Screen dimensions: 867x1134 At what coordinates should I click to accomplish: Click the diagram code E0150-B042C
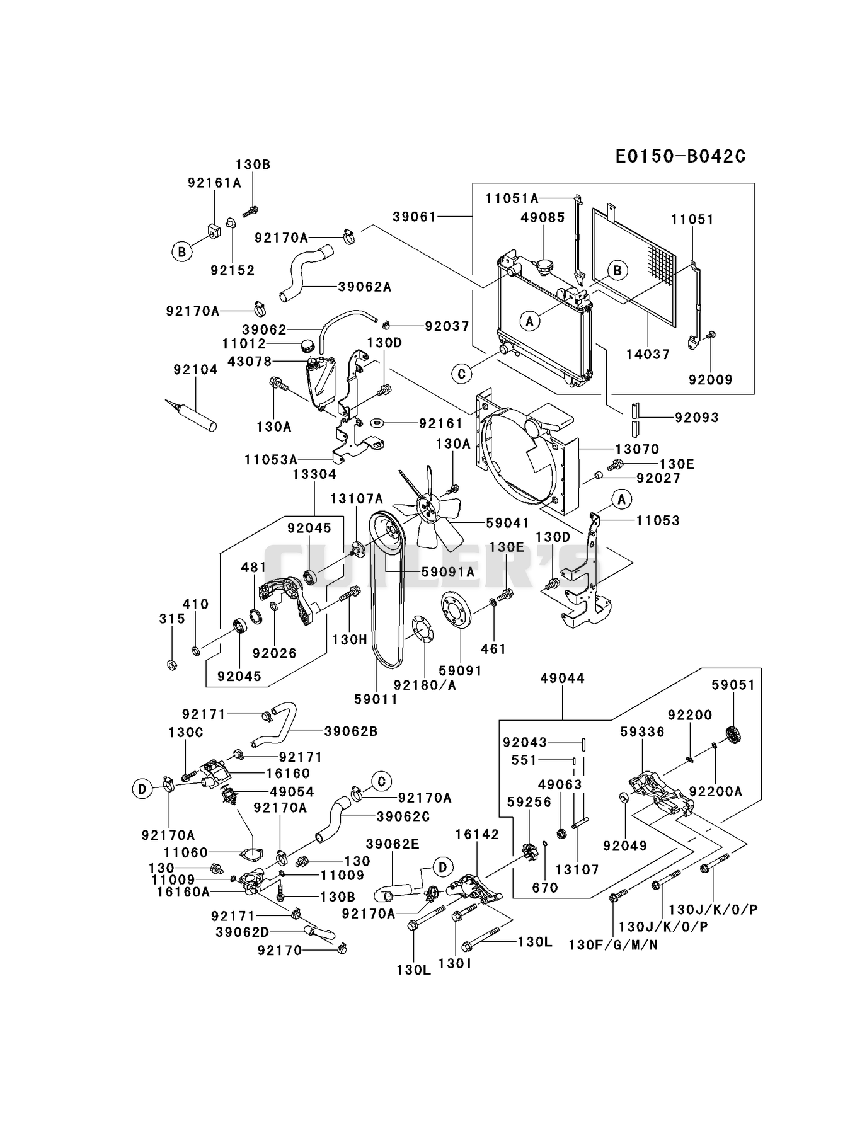tap(680, 156)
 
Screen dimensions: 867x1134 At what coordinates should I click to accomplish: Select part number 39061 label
tap(415, 216)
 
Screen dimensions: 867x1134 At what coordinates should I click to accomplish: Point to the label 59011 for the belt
tap(376, 699)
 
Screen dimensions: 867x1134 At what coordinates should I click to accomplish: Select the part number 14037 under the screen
tap(648, 354)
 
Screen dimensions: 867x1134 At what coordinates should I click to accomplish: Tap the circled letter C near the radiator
tap(462, 374)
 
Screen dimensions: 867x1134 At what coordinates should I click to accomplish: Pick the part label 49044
tap(563, 679)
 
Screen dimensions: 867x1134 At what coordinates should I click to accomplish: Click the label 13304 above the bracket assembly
tap(314, 474)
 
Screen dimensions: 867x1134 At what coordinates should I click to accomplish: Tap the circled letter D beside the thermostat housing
tap(142, 788)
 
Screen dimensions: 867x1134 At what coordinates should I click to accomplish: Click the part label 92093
tap(696, 417)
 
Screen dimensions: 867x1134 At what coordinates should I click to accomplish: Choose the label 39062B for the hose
tap(351, 731)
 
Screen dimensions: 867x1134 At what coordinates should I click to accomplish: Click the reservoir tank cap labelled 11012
tap(307, 345)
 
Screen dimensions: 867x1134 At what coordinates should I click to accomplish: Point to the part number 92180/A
tap(425, 685)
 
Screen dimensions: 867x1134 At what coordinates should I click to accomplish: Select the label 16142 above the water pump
tap(477, 834)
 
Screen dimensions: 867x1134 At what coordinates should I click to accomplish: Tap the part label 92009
tap(710, 379)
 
